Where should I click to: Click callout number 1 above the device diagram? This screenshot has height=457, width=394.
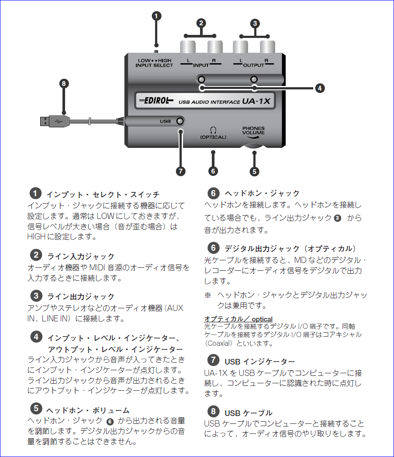click(156, 16)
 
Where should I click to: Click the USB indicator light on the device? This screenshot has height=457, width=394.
click(179, 121)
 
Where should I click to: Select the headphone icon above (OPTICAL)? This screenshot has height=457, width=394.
click(213, 130)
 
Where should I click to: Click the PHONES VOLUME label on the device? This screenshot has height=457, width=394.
click(253, 130)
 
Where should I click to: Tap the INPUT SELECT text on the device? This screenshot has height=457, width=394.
click(154, 65)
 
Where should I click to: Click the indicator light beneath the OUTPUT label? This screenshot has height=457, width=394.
click(254, 79)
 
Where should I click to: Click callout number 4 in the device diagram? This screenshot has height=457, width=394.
click(320, 88)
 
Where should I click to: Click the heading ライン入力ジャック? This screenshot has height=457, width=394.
click(80, 256)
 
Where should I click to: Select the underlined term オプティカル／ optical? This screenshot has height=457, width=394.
click(238, 319)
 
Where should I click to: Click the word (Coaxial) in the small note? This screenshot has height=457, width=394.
click(221, 343)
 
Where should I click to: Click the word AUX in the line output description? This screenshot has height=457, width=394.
click(174, 308)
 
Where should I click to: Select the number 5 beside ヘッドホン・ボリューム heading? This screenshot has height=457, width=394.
click(36, 409)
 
